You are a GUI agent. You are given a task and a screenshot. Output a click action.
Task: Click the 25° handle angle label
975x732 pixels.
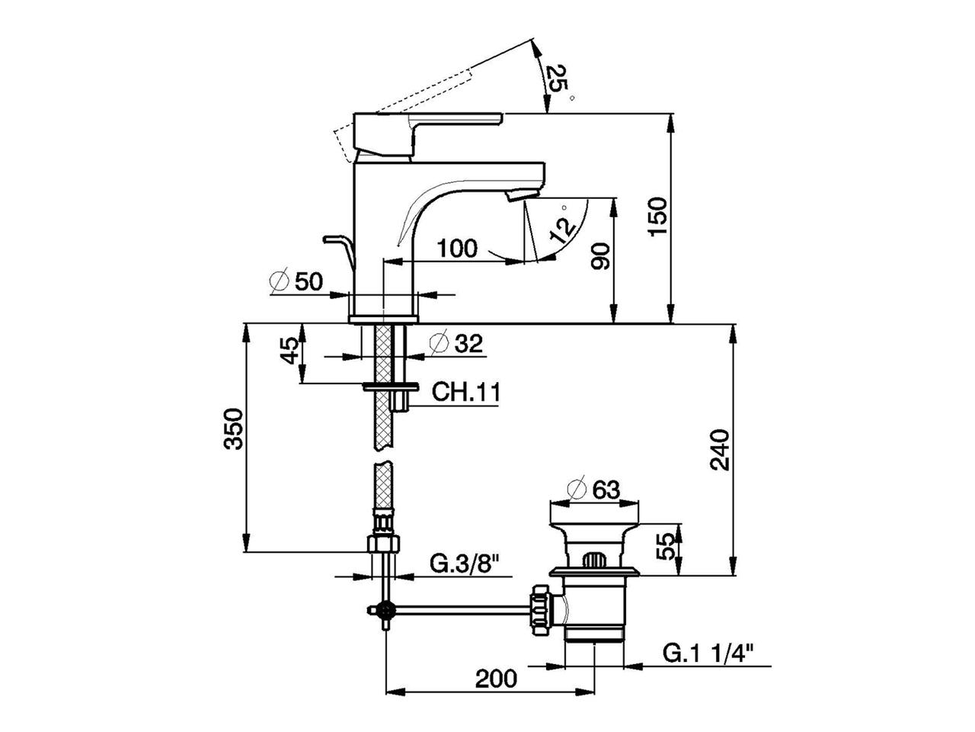coord(559,85)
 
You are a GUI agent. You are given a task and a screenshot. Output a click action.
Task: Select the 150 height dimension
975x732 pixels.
coord(657,217)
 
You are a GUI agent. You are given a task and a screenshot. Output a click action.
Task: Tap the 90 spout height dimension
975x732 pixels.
coord(599,256)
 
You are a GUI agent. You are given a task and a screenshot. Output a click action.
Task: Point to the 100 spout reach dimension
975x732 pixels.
coord(456,248)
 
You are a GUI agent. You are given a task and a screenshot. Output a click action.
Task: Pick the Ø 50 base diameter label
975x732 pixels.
coord(296,281)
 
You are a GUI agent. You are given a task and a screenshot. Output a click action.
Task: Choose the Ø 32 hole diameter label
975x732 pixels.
coord(456,343)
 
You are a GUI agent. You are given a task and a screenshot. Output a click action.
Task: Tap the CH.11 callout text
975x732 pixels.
coord(466,392)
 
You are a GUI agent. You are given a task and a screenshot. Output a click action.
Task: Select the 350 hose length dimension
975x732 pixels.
coord(233,429)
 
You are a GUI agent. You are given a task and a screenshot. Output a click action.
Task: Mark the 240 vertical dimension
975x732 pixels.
coord(719,449)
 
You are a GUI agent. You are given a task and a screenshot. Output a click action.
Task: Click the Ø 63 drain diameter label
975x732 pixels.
coord(593,490)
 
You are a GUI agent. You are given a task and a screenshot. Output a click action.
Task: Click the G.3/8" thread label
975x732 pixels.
coord(465,565)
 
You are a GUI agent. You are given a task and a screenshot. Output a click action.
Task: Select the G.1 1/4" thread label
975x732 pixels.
coord(708,653)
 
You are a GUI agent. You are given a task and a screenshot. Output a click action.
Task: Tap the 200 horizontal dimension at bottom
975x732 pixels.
coord(496,691)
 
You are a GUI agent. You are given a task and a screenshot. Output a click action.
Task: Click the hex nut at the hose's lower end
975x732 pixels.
coord(384,543)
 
